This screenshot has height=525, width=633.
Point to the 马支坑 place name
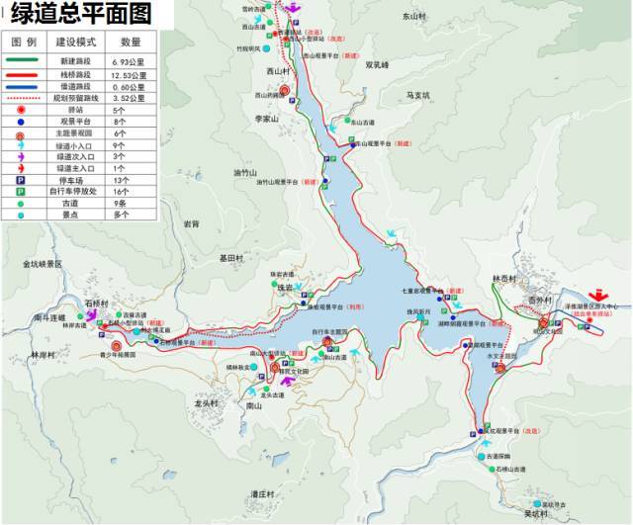click(419, 96)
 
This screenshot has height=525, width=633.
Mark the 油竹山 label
click(244, 173)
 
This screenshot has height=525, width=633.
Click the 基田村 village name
click(230, 257)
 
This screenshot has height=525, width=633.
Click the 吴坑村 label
click(535, 514)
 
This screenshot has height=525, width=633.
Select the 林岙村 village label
click(504, 279)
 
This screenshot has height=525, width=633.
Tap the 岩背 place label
click(191, 224)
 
